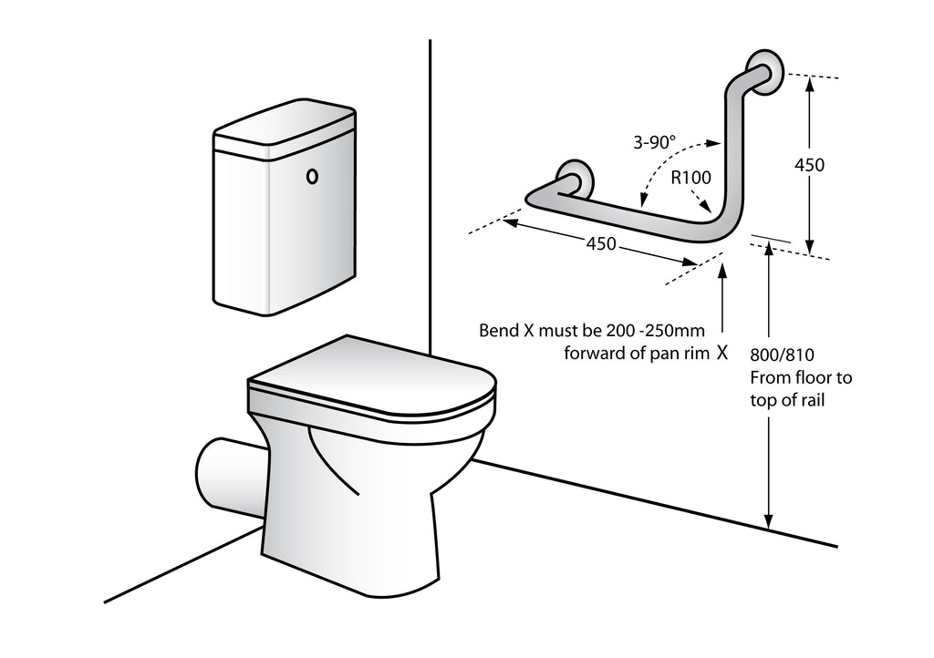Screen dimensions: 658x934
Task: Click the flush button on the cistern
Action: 313,176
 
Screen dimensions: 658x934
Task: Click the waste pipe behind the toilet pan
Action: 223,475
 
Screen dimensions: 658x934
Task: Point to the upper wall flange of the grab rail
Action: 763,72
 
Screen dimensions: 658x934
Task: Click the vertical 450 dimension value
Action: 808,165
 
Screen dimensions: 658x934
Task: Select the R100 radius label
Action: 690,178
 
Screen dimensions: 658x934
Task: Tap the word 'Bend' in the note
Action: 499,331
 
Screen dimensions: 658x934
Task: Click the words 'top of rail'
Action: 787,399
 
